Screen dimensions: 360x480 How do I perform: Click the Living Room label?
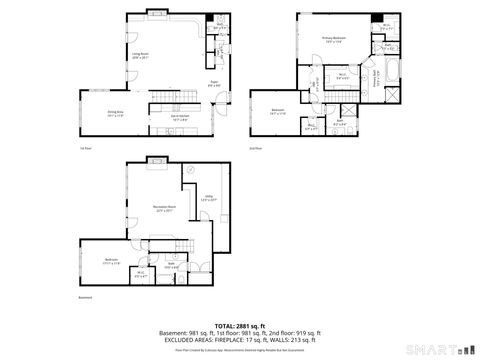[x=141, y=56]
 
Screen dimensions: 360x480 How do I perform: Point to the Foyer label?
[x=213, y=83]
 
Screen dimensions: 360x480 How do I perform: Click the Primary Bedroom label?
[x=332, y=39]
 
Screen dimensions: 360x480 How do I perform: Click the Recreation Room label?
[x=164, y=210]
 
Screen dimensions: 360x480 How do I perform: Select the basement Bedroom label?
[x=111, y=262]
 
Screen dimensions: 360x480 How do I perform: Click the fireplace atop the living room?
[x=158, y=13]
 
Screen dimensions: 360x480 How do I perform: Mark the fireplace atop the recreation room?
[x=158, y=159]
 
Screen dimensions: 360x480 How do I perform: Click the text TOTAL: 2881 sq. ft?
[x=239, y=325]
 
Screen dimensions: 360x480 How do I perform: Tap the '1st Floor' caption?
[x=84, y=147]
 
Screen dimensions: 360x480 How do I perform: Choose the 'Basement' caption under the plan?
[x=85, y=297]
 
